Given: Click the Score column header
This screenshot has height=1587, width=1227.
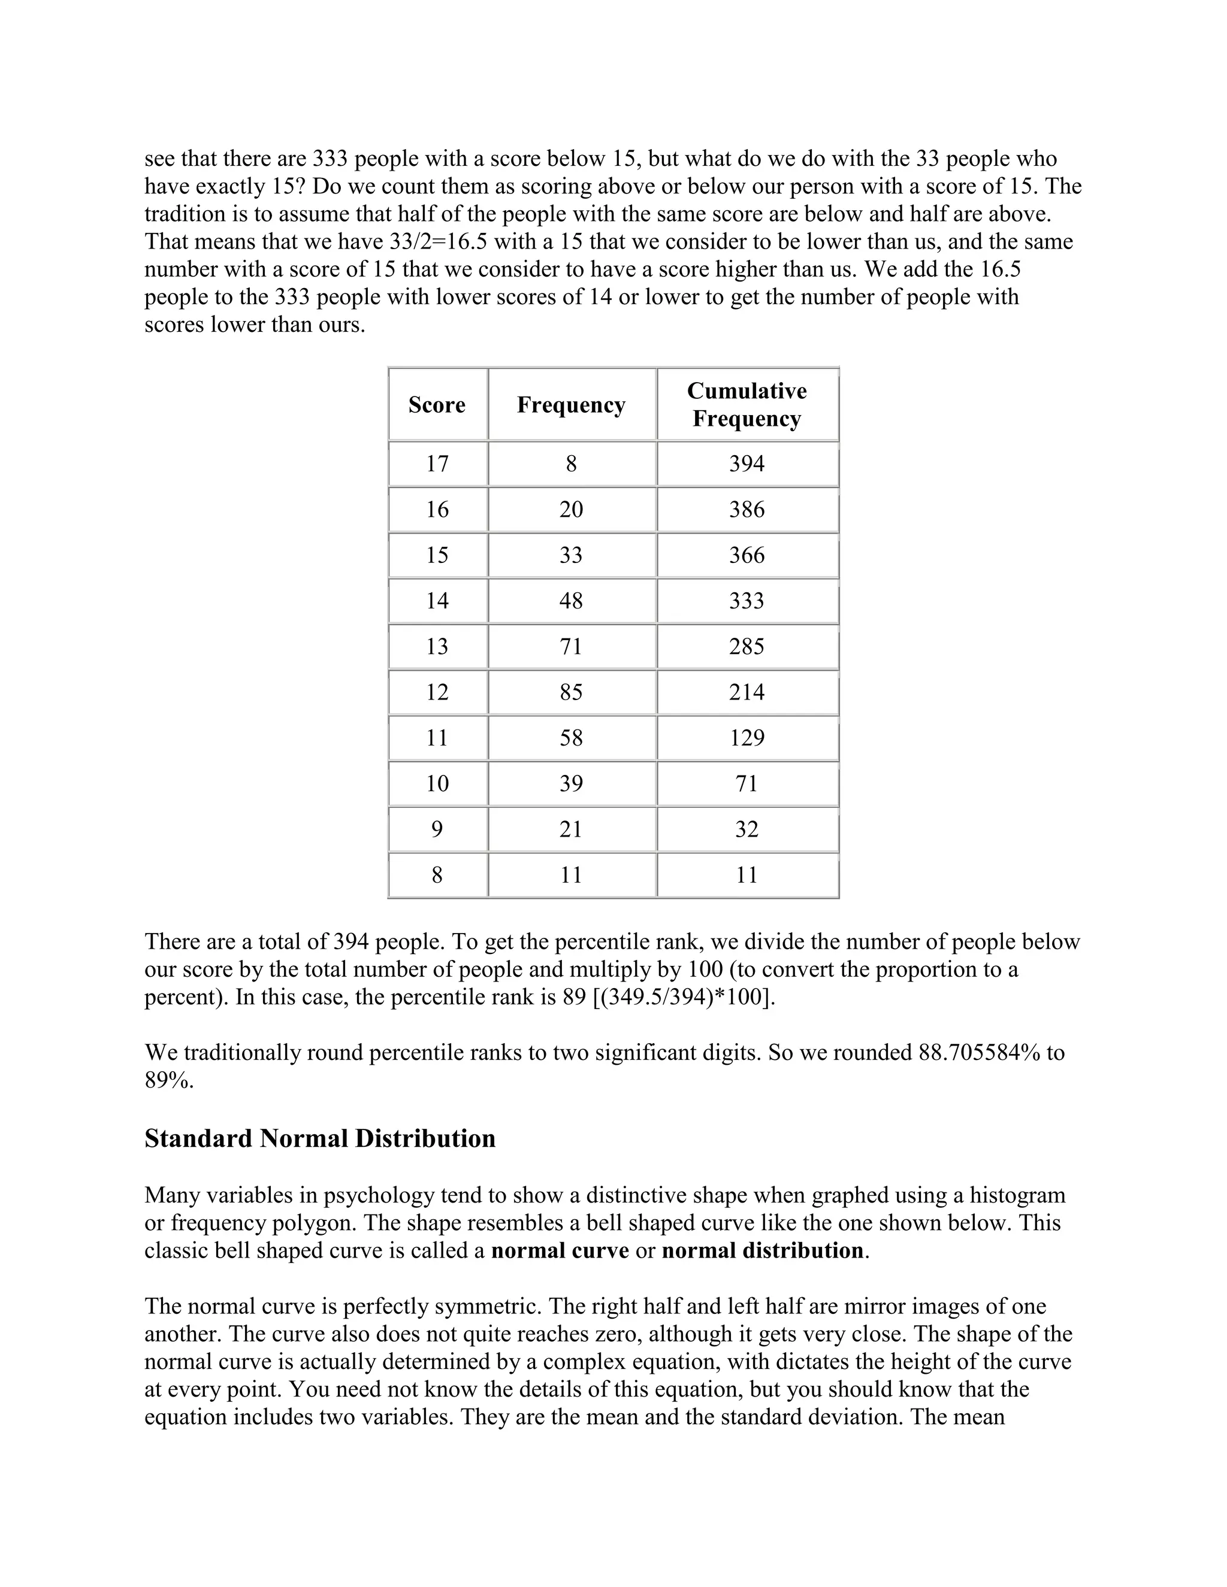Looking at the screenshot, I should [437, 405].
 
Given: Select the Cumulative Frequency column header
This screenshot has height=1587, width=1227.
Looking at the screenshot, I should [747, 405].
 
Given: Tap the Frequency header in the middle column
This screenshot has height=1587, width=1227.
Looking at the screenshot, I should [570, 405].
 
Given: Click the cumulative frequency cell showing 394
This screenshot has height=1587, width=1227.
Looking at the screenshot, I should [747, 464].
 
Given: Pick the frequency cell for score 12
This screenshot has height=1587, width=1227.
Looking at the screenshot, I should [570, 692].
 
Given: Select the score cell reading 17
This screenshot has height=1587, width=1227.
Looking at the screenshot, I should [437, 464].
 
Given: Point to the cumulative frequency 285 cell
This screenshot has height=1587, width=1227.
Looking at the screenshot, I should [747, 646].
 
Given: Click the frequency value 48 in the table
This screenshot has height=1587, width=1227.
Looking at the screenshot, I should [570, 600].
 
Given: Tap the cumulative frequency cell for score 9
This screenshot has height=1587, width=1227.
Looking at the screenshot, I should [747, 829].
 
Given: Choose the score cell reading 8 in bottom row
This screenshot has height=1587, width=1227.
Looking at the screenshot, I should [437, 875].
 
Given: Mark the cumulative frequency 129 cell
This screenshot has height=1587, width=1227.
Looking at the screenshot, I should [747, 738].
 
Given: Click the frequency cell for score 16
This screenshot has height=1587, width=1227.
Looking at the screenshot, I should [570, 510].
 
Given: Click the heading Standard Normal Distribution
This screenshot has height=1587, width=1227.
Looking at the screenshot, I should [320, 1138].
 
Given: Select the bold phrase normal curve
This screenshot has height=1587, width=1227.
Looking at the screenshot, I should [560, 1250].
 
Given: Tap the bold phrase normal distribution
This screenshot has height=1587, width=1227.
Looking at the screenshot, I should [763, 1250].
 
